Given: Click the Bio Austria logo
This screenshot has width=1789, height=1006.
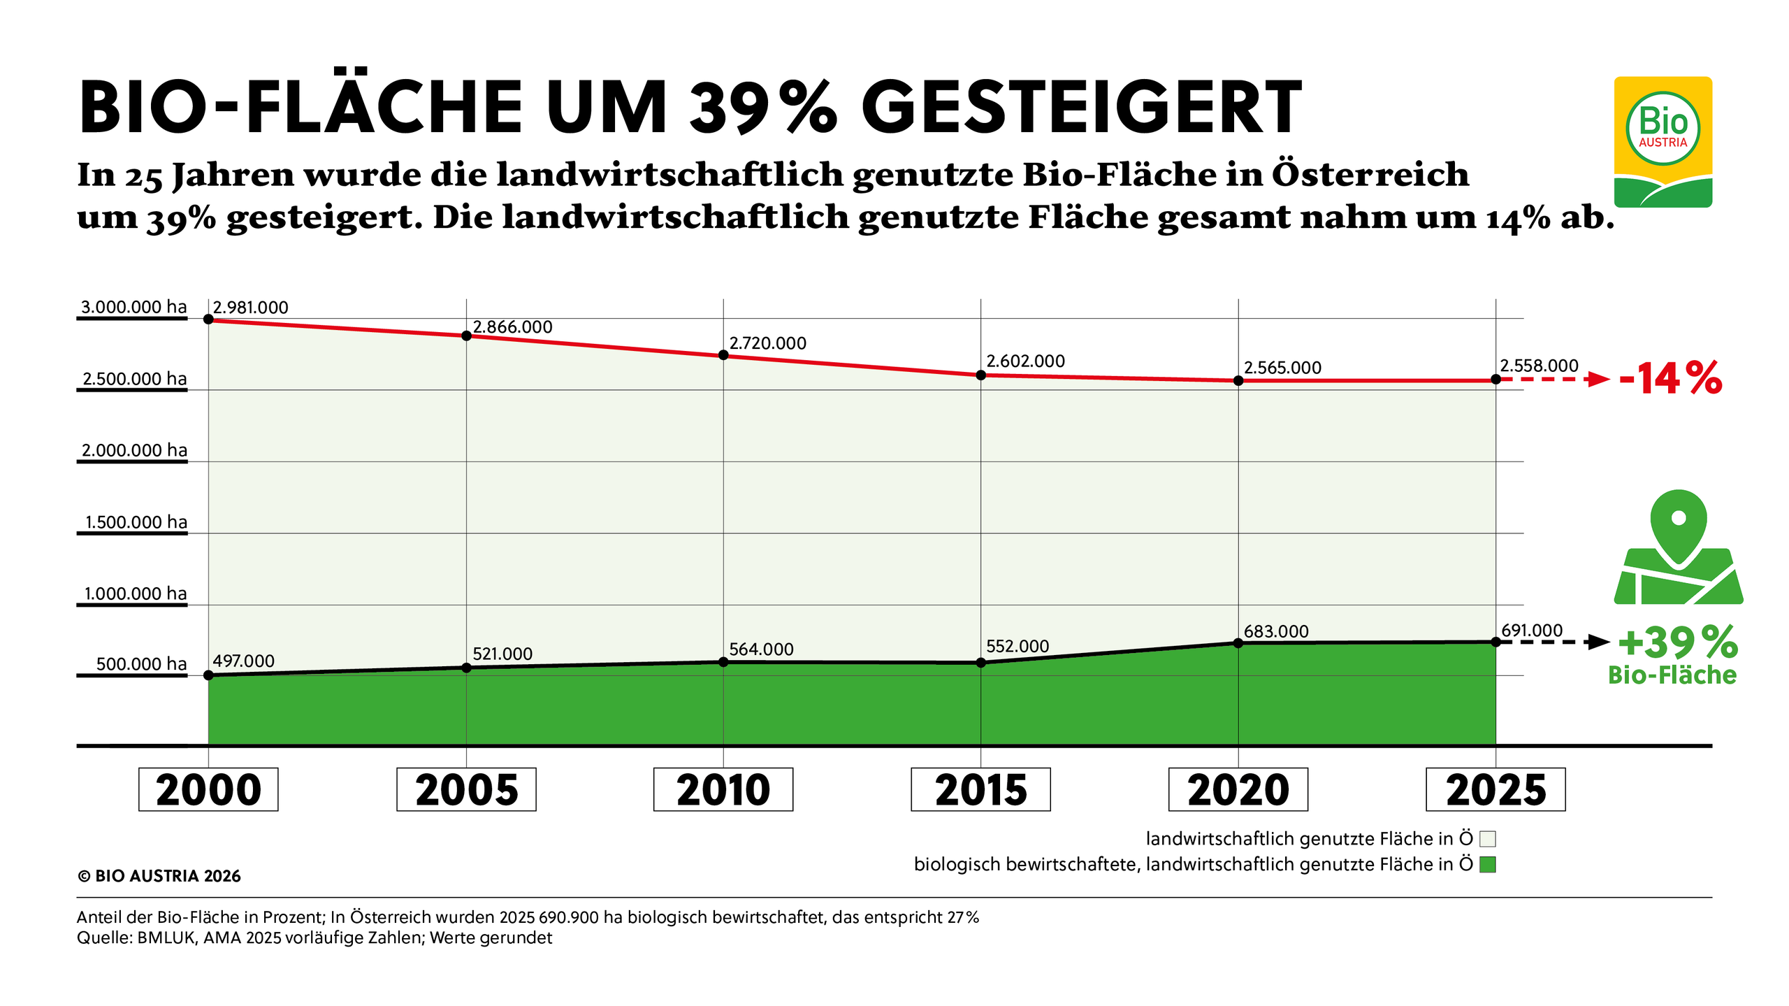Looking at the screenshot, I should click(1663, 142).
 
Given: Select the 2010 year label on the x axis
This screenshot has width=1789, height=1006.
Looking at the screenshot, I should click(723, 789).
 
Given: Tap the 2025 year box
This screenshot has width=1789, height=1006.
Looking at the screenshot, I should click(1495, 789).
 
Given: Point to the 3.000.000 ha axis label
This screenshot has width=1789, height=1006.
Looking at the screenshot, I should click(133, 307).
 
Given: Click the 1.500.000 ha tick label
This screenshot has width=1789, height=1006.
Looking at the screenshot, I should click(136, 522).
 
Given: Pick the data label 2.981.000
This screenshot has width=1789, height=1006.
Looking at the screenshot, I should click(250, 308).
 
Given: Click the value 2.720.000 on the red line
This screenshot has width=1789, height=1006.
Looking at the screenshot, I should click(767, 343).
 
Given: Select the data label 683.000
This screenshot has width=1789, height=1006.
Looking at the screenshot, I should click(1276, 631).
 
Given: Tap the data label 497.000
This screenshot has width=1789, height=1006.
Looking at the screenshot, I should click(243, 661).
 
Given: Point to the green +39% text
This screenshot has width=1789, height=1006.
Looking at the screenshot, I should click(1677, 642).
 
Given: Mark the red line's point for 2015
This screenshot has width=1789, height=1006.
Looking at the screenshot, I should click(980, 375).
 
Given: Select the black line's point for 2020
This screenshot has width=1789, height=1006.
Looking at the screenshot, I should click(1238, 643).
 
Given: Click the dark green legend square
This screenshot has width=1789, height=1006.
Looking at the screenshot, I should click(1488, 865).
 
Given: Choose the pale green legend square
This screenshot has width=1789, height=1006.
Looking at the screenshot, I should click(1488, 839).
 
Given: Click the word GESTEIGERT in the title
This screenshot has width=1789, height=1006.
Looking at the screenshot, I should click(1081, 108).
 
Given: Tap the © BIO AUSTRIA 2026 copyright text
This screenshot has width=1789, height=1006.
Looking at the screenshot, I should click(159, 876).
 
